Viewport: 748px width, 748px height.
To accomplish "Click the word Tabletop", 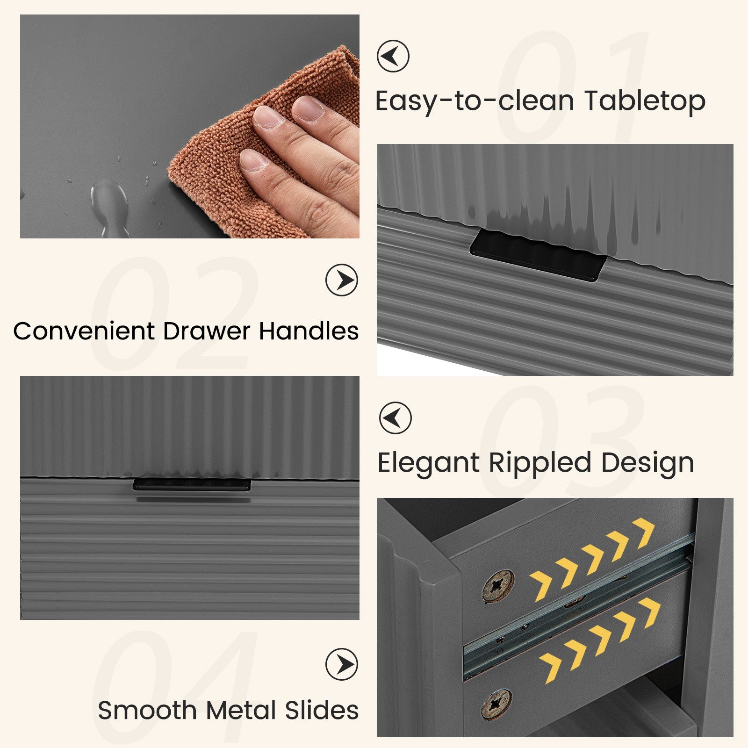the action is [645, 101].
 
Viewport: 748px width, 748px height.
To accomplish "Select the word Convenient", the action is [84, 331].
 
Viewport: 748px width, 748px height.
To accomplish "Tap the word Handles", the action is [309, 331].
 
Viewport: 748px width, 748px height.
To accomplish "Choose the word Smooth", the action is [148, 711].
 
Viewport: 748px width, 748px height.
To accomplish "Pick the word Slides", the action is [322, 711].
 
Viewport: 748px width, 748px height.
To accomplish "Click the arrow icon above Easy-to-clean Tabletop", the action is [393, 56].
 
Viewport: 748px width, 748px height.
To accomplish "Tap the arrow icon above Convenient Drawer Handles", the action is [342, 280].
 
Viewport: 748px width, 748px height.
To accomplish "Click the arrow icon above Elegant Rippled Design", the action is [395, 417].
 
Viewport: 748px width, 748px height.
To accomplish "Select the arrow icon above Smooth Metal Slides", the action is [342, 664].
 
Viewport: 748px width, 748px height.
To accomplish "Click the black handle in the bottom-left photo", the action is [192, 484].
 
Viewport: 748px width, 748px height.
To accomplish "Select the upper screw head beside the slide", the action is [498, 586].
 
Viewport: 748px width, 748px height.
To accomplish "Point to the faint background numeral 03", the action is [561, 442].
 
